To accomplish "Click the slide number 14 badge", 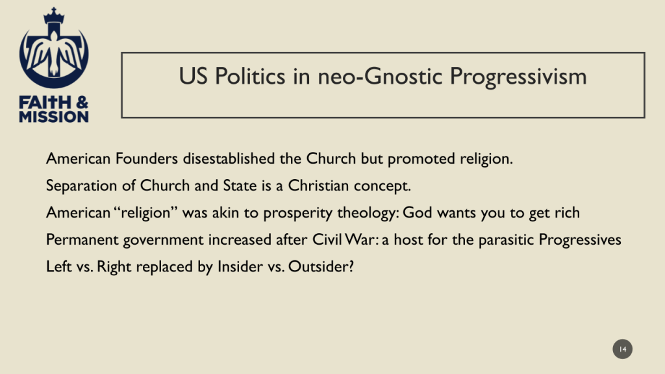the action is click(622, 349).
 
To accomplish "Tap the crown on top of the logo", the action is click(54, 16).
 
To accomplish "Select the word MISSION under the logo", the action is click(54, 117).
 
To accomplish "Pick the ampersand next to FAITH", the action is click(82, 103).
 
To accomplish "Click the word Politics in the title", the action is click(250, 77).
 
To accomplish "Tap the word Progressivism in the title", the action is click(518, 77).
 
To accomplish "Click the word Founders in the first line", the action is click(146, 158).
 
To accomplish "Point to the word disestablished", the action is click(229, 158).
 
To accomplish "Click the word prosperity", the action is click(297, 213).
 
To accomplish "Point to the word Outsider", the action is click(321, 267).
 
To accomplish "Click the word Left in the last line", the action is click(58, 267).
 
